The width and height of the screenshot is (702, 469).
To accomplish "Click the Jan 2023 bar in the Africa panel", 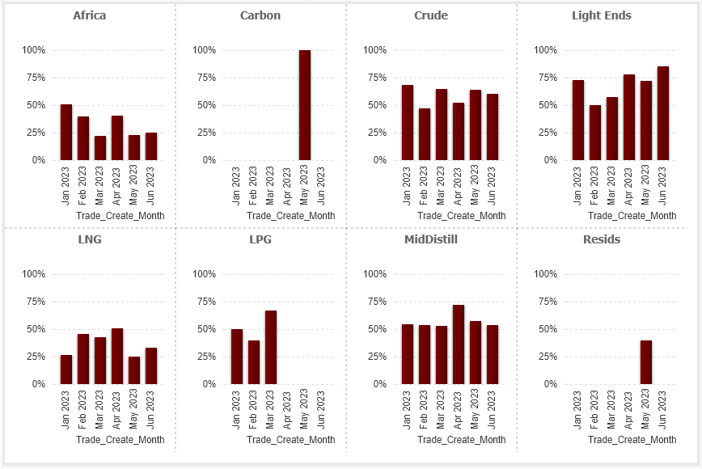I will [66, 133].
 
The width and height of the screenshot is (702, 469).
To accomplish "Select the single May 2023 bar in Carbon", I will [305, 105].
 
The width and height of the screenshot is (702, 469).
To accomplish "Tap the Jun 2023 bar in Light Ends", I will [663, 113].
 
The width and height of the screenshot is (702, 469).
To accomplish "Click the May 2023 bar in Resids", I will [646, 362].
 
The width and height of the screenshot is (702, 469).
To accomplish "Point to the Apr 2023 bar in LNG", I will [117, 357].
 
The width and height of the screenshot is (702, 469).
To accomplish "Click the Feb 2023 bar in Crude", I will [425, 134].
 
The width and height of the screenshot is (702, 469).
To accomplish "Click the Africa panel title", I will [89, 15].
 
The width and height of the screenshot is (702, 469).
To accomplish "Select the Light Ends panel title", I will [602, 15].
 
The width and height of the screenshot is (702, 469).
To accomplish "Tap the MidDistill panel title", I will [431, 239].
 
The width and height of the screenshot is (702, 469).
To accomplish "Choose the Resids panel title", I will [602, 239].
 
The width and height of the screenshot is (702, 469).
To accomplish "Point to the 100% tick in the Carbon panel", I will [205, 50].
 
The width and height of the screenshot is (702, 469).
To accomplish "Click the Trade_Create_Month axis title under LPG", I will [291, 440].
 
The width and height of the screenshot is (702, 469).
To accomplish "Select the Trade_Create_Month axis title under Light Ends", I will [632, 216].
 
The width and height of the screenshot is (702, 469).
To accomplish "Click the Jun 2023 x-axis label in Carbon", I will [322, 185].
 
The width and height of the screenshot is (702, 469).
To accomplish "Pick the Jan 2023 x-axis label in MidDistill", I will [408, 409].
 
